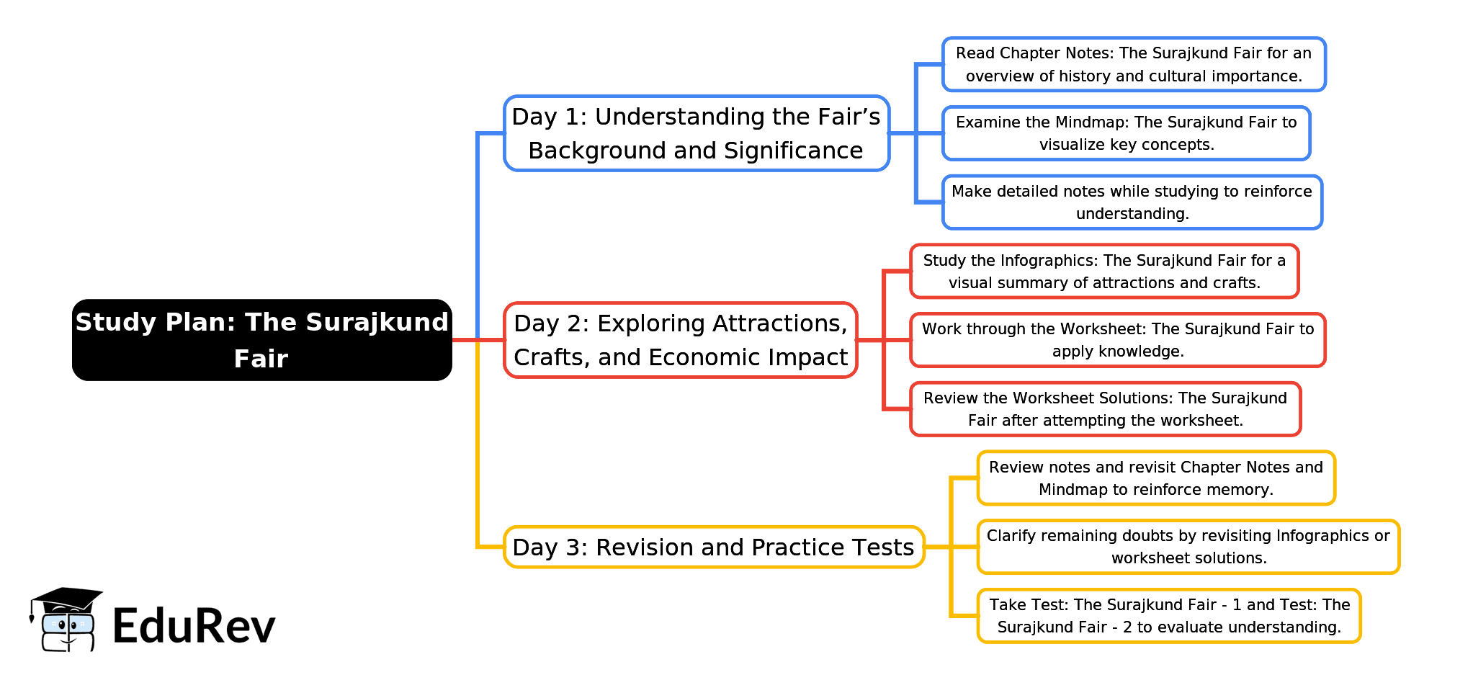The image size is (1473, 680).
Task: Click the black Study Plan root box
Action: [261, 340]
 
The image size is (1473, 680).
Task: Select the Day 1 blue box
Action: [697, 133]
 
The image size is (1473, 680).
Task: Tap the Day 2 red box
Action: [681, 340]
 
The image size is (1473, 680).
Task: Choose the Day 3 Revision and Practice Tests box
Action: [713, 547]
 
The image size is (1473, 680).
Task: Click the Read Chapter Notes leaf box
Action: [1134, 64]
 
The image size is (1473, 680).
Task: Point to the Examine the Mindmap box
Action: [1126, 133]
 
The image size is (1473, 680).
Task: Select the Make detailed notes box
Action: [1132, 202]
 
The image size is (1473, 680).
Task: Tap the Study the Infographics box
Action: [1104, 272]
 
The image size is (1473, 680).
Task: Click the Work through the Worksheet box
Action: [1117, 340]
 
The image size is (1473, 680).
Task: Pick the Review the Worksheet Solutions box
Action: [1105, 409]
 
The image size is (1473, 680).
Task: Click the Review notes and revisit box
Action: [1156, 478]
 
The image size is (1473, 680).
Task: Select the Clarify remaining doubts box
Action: [1188, 547]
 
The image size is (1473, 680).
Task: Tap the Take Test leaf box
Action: [1169, 616]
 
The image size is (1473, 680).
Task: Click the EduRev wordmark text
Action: [194, 625]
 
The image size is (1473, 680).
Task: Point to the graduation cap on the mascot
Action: [66, 599]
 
